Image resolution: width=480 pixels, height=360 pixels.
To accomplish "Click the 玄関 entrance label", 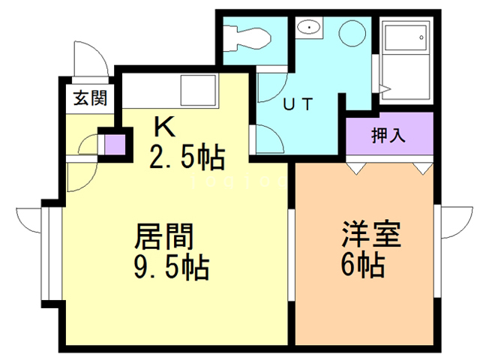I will pos(89,98).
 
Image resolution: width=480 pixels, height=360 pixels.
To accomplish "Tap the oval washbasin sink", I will pos(307,28).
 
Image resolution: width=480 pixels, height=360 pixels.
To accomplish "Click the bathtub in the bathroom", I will pos(406,56).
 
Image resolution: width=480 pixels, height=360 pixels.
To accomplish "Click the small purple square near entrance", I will pos(114,142).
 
